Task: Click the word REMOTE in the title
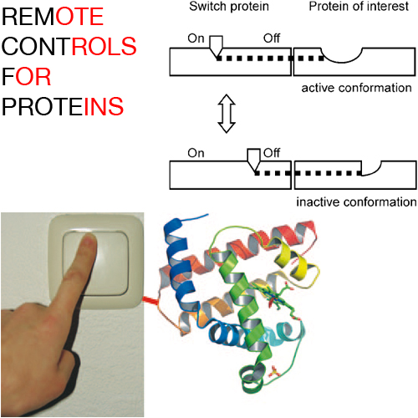[x=53, y=17]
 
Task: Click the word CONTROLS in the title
[x=69, y=46]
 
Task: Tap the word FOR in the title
[x=27, y=77]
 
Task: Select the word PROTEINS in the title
[x=63, y=106]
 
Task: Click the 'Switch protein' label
[x=229, y=7]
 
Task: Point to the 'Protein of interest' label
[x=359, y=7]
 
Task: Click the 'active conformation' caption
[x=356, y=88]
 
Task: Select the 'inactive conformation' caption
[x=356, y=202]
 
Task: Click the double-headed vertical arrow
[x=227, y=114]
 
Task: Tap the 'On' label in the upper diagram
[x=196, y=38]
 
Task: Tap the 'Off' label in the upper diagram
[x=272, y=38]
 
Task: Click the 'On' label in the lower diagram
[x=196, y=153]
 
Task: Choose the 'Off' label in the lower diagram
[x=272, y=153]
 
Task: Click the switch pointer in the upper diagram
[x=216, y=46]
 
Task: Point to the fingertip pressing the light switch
[x=89, y=240]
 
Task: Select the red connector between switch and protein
[x=150, y=300]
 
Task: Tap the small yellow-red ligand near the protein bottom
[x=273, y=372]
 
